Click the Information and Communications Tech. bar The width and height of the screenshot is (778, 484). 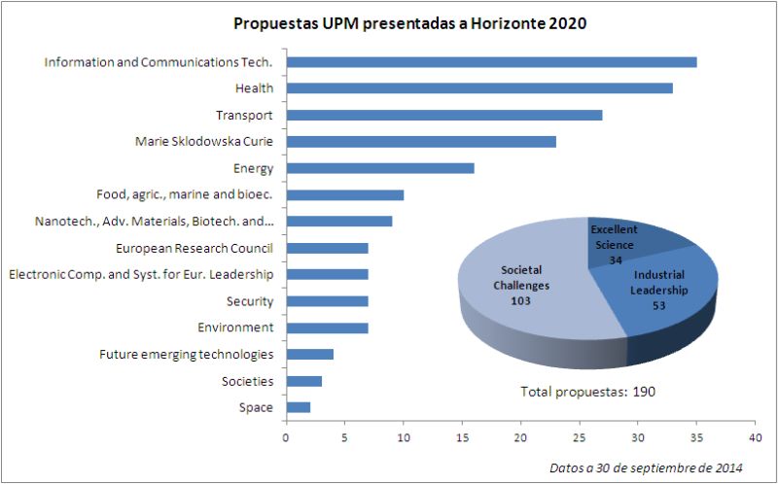(491, 62)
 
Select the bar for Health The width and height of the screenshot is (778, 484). (479, 88)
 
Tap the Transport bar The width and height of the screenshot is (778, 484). (443, 115)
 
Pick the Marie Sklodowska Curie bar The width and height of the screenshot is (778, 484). (420, 142)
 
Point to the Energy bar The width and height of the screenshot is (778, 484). (379, 168)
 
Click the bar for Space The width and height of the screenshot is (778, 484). (298, 407)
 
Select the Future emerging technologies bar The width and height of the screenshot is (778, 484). (309, 354)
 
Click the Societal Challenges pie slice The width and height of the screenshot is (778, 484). (525, 292)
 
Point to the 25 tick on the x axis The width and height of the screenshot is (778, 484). (580, 437)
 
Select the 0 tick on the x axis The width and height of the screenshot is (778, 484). (286, 437)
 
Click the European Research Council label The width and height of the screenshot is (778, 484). (194, 248)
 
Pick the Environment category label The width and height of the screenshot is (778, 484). (234, 328)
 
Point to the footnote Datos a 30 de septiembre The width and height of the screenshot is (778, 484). (646, 467)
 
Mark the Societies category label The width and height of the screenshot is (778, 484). (247, 381)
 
